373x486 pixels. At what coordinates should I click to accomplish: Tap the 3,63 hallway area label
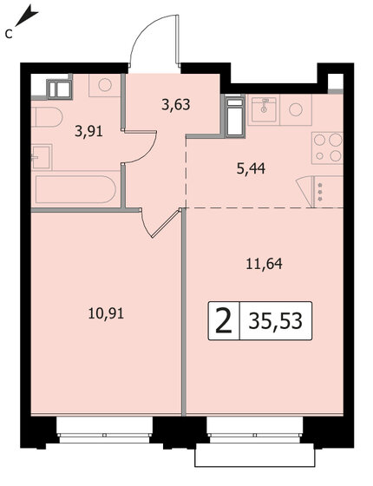176,107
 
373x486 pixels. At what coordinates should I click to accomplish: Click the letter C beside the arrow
8,34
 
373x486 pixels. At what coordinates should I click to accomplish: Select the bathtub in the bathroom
75,190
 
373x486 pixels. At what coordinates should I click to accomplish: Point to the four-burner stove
328,147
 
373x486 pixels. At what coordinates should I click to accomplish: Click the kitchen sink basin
262,109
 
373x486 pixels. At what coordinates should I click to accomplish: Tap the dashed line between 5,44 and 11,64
260,207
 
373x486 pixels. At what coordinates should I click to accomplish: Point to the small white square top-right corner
336,82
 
